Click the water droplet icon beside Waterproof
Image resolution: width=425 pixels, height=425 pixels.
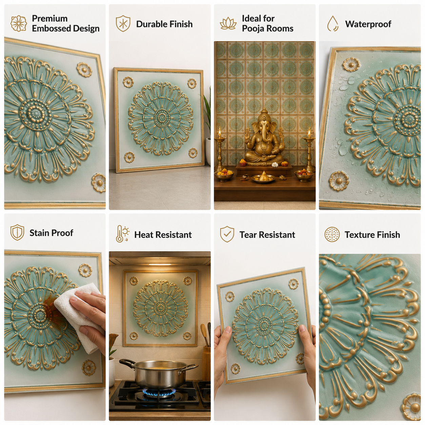tap(332, 23)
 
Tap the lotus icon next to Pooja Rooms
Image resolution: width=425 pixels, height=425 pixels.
tap(228, 24)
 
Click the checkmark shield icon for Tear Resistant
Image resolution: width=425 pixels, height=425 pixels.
tap(227, 234)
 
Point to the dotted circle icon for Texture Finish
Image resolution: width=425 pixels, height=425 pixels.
tap(332, 234)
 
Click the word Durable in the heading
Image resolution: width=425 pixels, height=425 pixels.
tap(150, 24)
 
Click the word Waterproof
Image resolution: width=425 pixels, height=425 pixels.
tap(368, 24)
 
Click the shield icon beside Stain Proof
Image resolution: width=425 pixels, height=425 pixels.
tap(17, 232)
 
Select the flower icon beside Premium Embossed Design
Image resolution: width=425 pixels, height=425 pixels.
tap(19, 23)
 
